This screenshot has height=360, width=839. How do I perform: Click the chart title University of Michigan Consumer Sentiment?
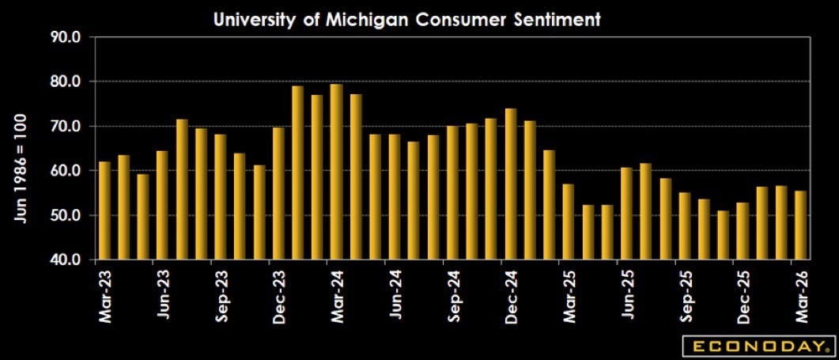point(407,20)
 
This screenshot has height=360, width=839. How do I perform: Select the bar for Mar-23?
point(105,210)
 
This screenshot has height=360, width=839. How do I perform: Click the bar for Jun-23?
point(163,205)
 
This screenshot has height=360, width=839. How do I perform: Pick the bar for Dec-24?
point(511,184)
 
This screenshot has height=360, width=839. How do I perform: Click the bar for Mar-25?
point(569,222)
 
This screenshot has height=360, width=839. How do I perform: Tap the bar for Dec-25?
point(743,231)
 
